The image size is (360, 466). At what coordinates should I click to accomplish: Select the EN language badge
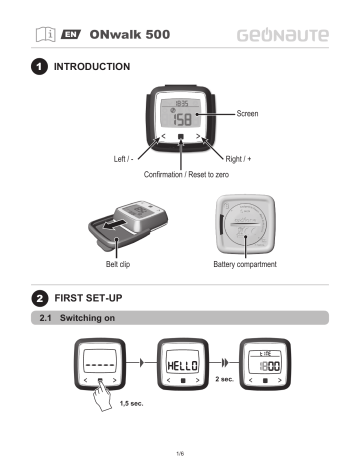[72, 34]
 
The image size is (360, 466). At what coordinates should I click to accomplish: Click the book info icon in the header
[45, 34]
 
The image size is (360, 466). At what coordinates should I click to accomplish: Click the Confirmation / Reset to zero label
[180, 173]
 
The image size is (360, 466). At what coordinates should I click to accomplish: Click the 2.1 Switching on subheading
[90, 319]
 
